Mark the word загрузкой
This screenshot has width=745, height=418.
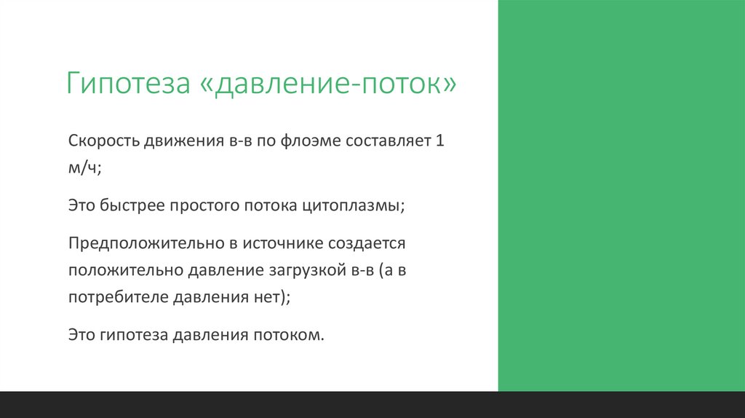pos(306,271)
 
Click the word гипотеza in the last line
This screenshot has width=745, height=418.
pos(133,335)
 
